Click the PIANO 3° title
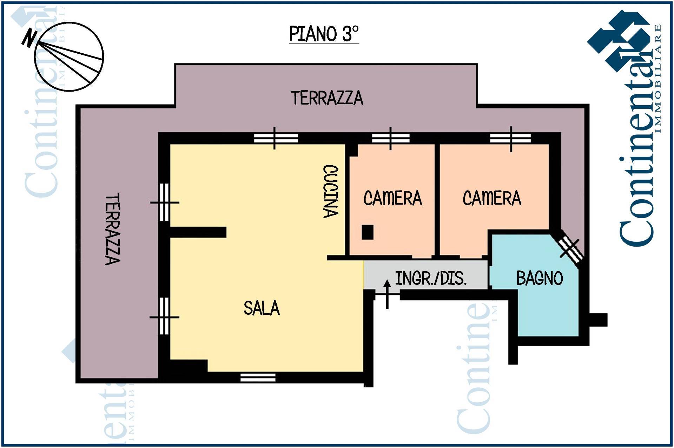click(x=324, y=34)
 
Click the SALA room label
click(x=262, y=308)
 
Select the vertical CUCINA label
click(x=331, y=192)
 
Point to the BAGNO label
click(x=540, y=279)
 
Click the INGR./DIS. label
click(x=431, y=278)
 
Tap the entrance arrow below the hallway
click(x=387, y=294)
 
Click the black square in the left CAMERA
click(x=368, y=232)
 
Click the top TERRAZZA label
click(x=327, y=98)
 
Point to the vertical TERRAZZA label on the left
click(x=113, y=228)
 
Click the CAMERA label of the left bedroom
click(x=392, y=198)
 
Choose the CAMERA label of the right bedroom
click(x=492, y=198)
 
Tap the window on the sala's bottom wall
click(x=258, y=377)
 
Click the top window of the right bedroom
click(x=511, y=138)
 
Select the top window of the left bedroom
click(x=391, y=138)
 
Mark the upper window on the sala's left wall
click(x=164, y=202)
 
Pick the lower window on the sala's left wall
click(x=164, y=316)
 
